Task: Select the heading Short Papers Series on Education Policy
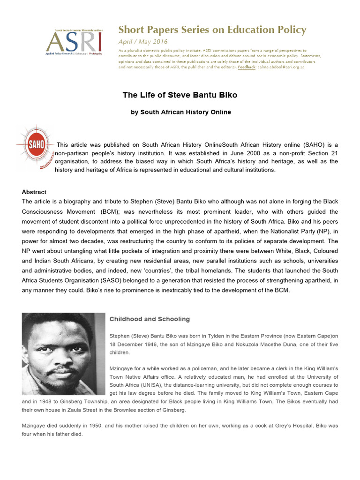tap(212, 30)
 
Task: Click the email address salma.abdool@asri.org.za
tap(281, 67)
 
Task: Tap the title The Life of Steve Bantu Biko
tap(180, 95)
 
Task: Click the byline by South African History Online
tap(180, 112)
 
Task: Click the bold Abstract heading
tap(34, 192)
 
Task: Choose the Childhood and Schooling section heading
tap(150, 319)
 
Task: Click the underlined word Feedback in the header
tap(247, 67)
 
